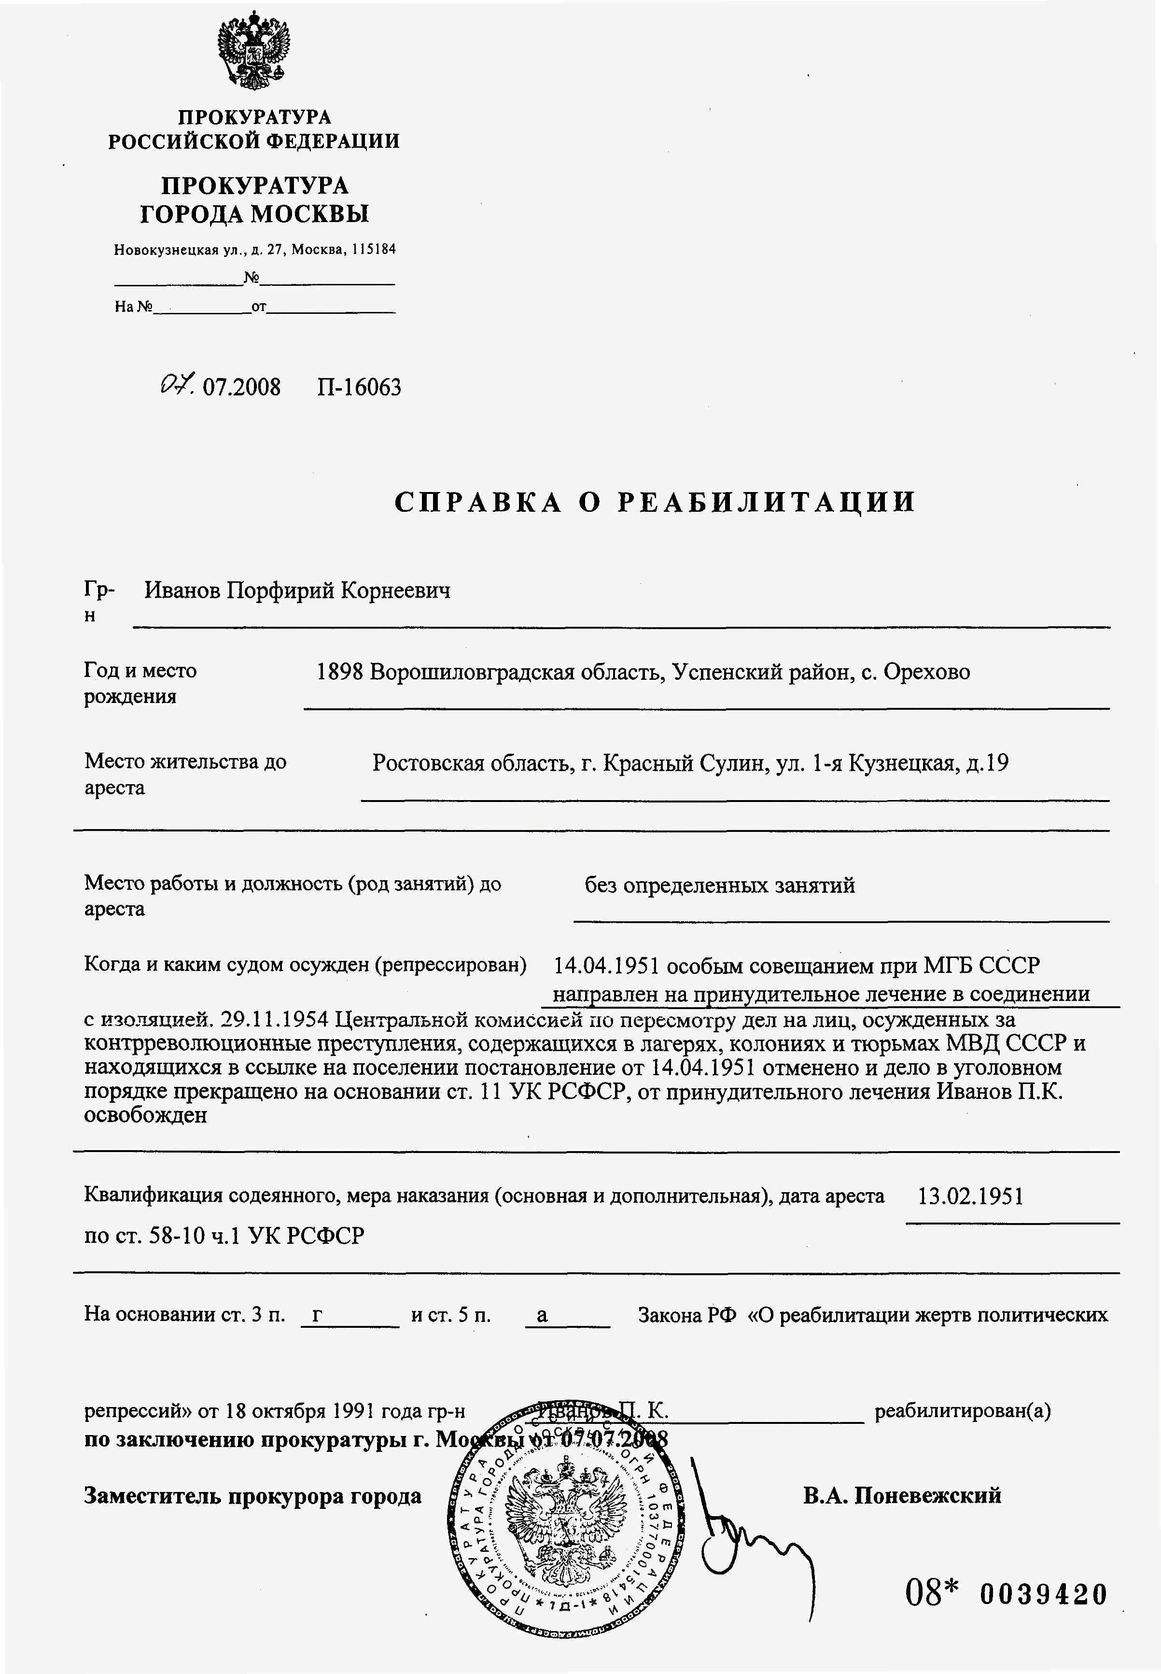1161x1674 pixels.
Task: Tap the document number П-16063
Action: coord(359,387)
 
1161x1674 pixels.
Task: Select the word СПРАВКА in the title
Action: coord(478,503)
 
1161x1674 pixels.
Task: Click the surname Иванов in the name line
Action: coord(182,590)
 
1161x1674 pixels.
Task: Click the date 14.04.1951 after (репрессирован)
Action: coord(607,966)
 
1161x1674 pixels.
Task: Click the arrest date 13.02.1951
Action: coord(970,1196)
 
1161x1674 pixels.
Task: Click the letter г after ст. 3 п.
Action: coord(317,1315)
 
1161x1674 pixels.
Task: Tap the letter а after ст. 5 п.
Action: coord(542,1315)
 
